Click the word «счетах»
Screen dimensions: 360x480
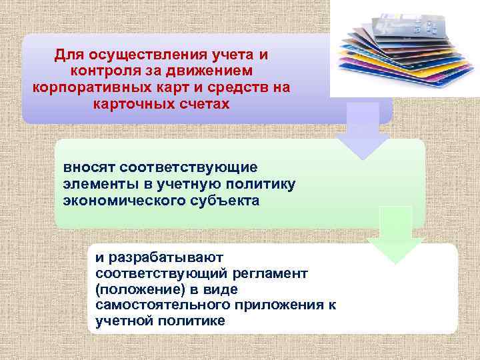click(201, 105)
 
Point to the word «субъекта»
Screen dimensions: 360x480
click(221, 199)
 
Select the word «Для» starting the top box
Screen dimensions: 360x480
click(68, 54)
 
